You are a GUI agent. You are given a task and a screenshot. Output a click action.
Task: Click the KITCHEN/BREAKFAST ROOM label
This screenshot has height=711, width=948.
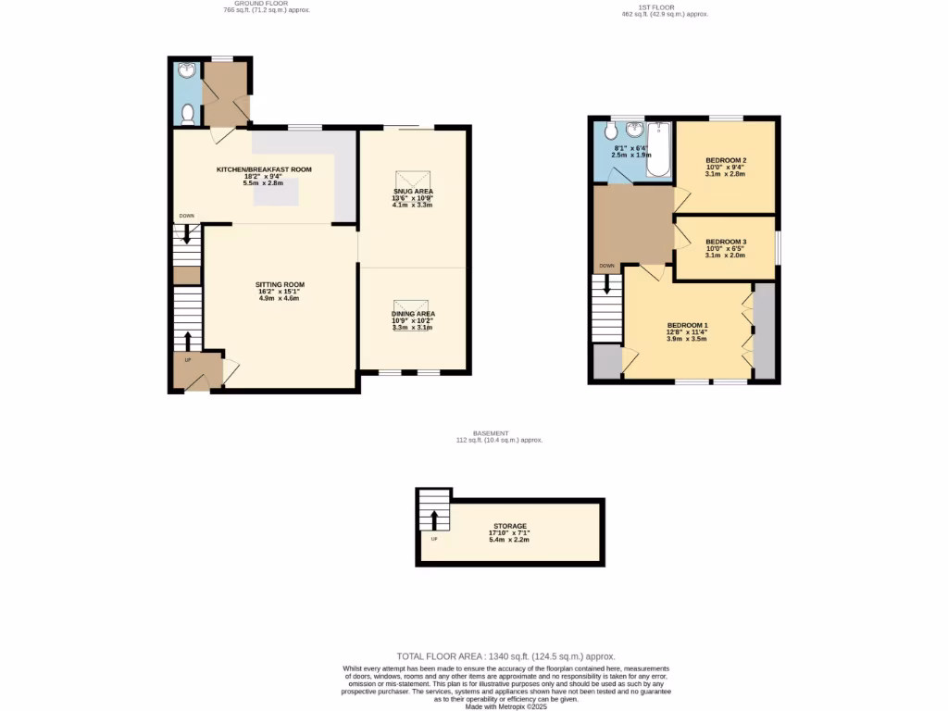(x=264, y=169)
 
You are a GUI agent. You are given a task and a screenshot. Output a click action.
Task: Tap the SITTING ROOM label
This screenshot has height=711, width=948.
(x=280, y=284)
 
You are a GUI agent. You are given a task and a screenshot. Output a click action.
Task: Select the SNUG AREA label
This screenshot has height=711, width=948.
(x=412, y=191)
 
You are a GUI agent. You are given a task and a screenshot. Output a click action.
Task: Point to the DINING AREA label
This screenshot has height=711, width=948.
(x=412, y=314)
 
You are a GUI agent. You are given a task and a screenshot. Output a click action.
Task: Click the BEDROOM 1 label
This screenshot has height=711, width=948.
(x=687, y=325)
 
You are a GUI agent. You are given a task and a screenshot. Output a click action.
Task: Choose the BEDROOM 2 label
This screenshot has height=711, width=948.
(x=726, y=160)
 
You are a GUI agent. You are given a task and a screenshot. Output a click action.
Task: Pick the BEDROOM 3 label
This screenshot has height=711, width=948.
(x=726, y=241)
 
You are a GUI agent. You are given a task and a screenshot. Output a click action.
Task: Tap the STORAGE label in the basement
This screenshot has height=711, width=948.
(x=509, y=526)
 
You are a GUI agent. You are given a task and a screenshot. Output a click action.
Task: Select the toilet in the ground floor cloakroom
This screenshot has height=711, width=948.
(x=187, y=114)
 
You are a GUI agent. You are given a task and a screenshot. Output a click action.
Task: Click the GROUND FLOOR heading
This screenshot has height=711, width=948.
(x=267, y=4)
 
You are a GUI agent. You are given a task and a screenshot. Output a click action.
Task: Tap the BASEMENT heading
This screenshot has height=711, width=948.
(x=491, y=433)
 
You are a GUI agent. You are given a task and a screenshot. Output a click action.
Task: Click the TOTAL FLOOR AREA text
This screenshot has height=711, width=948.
(x=505, y=656)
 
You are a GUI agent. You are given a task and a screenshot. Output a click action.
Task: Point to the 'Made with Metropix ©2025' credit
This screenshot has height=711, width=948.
(x=505, y=706)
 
